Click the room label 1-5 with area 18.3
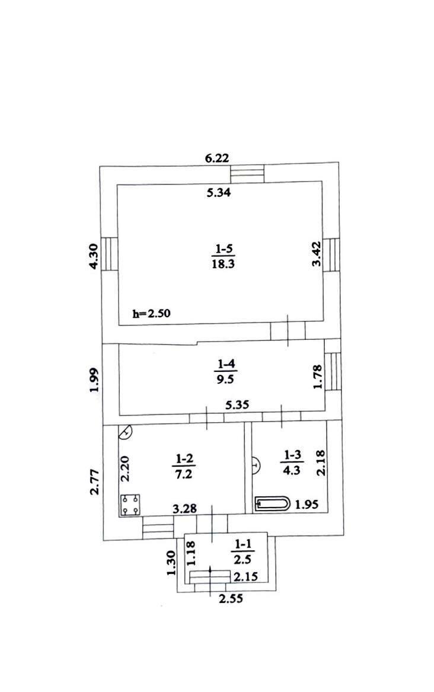coord(224,256)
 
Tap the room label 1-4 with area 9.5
coord(226,372)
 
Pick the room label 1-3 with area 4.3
coord(292,462)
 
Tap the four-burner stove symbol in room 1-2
coord(130,505)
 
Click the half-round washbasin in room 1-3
coord(256,465)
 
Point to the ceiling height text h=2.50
coord(151,314)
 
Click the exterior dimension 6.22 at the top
coord(217,158)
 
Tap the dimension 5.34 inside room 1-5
coord(219,192)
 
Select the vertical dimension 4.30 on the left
coord(94,256)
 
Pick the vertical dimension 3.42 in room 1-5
coord(317,254)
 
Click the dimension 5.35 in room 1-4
coord(237,404)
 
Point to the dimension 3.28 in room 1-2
coord(184,509)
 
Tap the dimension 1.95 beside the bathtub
coord(307,504)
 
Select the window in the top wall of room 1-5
coord(247,173)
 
